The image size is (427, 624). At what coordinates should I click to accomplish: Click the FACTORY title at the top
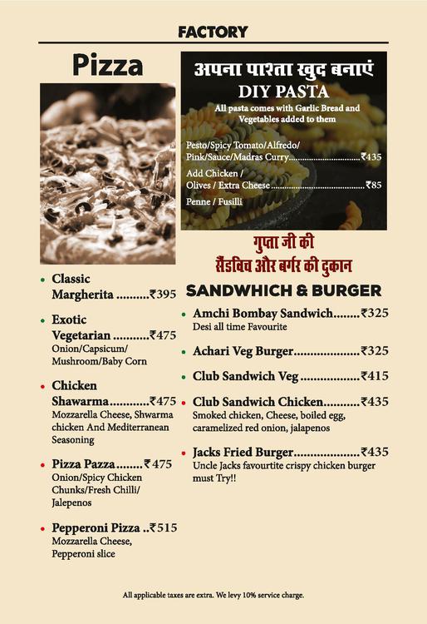point(213,32)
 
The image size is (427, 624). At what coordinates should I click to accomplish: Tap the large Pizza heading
point(107,64)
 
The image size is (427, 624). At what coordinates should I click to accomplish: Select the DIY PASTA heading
point(283,92)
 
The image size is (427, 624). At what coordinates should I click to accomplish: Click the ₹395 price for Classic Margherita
point(163,295)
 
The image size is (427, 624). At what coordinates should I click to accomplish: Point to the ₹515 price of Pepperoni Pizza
point(163,527)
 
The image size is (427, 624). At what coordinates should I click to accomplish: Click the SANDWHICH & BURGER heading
point(283,290)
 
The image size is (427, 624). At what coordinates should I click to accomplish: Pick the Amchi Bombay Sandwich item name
point(263,313)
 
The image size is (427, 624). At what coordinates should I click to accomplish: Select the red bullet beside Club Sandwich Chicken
point(184,402)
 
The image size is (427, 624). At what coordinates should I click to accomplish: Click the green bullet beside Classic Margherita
point(42,280)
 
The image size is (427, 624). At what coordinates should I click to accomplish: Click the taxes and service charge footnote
point(213,595)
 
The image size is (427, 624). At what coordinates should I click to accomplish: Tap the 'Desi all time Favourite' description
point(239,327)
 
